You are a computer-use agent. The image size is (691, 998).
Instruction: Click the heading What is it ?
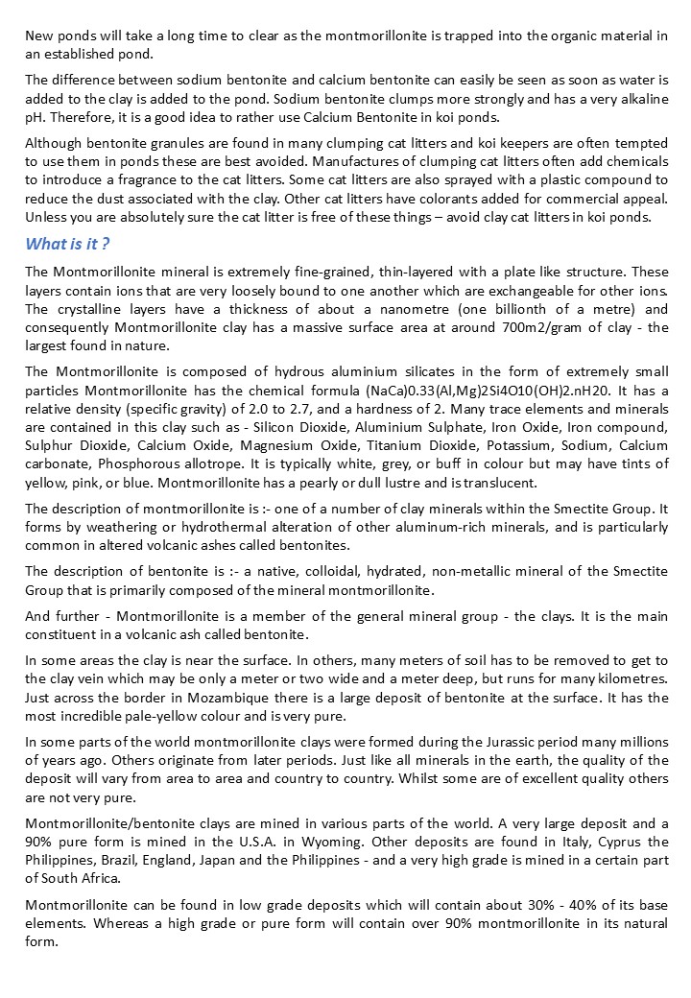pyautogui.click(x=68, y=243)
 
